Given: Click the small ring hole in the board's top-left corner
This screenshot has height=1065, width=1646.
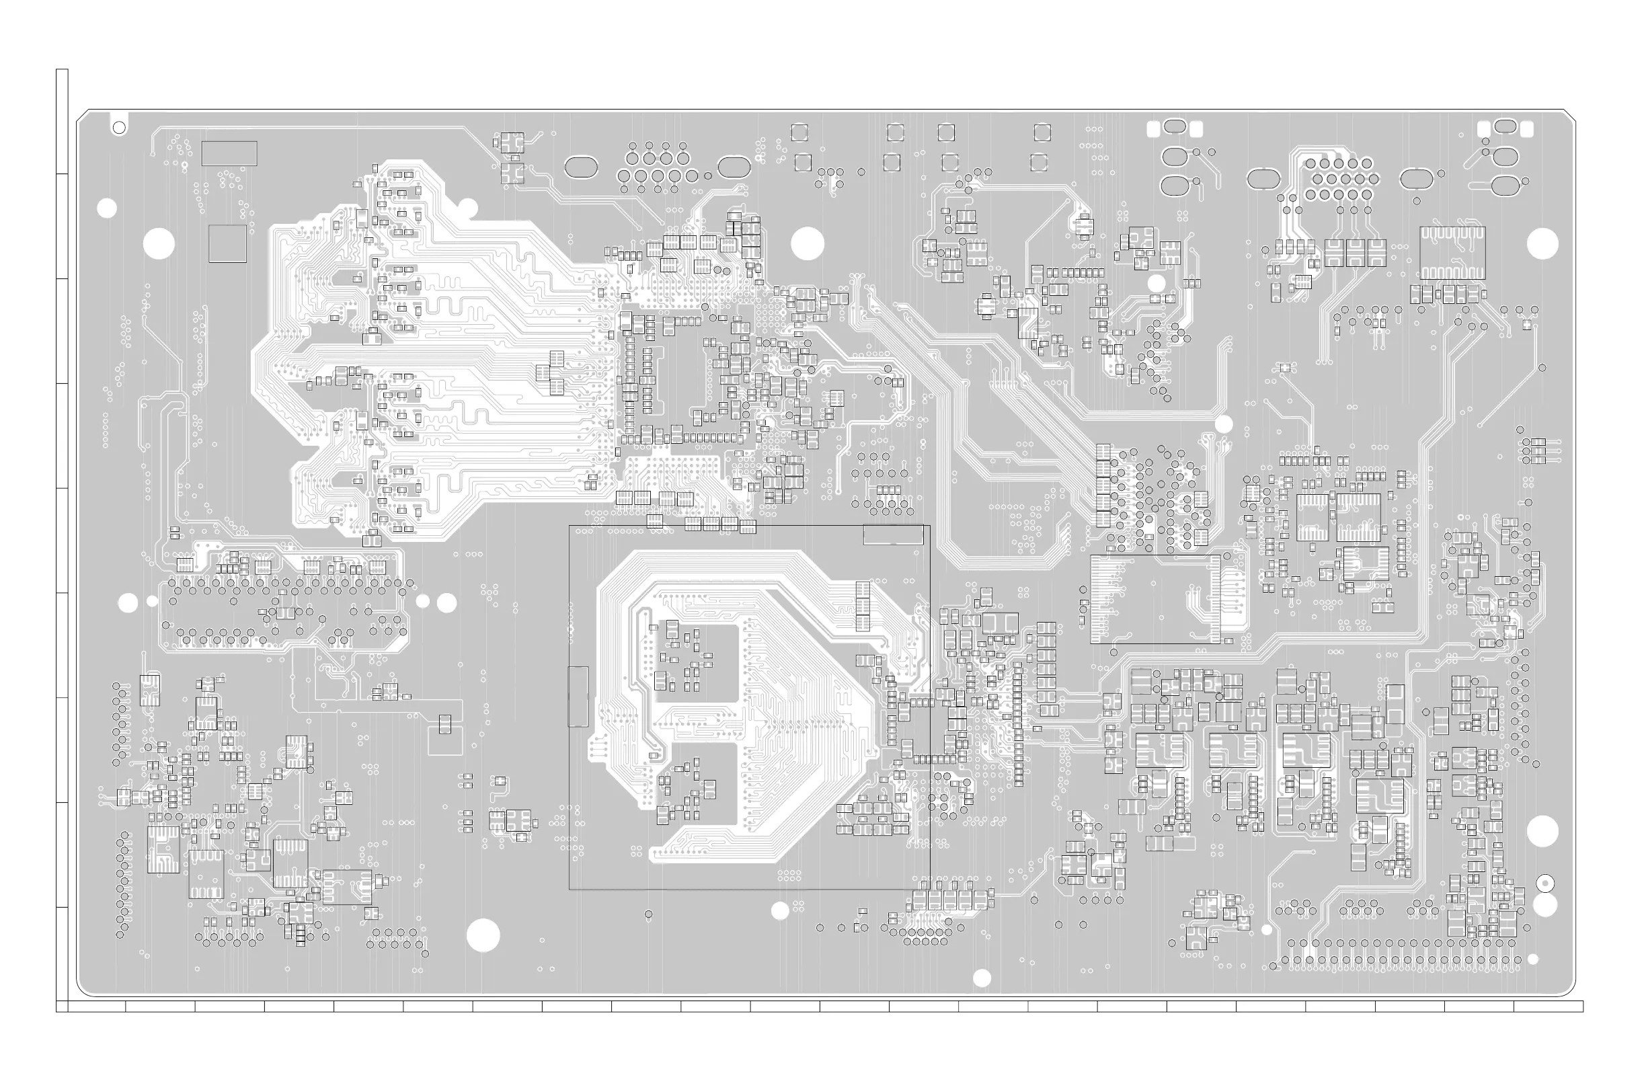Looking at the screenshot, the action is tap(119, 127).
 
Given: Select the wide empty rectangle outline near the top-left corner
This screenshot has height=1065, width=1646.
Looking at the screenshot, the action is tap(229, 153).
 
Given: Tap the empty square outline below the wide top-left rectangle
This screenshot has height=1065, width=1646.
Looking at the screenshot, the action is tap(227, 243).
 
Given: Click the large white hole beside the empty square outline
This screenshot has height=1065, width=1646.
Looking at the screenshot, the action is tap(159, 243).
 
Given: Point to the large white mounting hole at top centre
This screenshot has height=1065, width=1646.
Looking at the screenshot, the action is tap(807, 243).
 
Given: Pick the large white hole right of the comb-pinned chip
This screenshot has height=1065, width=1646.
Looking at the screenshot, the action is tap(1542, 243).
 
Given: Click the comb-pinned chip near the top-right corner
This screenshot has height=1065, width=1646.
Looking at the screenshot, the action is tap(1452, 252).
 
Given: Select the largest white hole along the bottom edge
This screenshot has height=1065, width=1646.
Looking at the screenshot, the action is tap(483, 936).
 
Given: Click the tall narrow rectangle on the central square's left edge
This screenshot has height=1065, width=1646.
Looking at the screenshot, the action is tap(578, 697).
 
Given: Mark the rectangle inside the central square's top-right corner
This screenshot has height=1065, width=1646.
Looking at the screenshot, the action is tap(893, 535).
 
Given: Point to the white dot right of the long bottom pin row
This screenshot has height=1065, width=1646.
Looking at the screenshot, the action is tap(1532, 959).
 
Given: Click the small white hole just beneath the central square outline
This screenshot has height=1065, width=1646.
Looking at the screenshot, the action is tap(780, 911).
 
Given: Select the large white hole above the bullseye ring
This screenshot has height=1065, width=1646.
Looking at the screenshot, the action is tap(1542, 831).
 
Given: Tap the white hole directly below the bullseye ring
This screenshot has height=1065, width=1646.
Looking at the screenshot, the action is tap(1545, 904).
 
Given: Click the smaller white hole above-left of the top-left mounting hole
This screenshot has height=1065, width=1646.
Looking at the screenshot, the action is tap(107, 208).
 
